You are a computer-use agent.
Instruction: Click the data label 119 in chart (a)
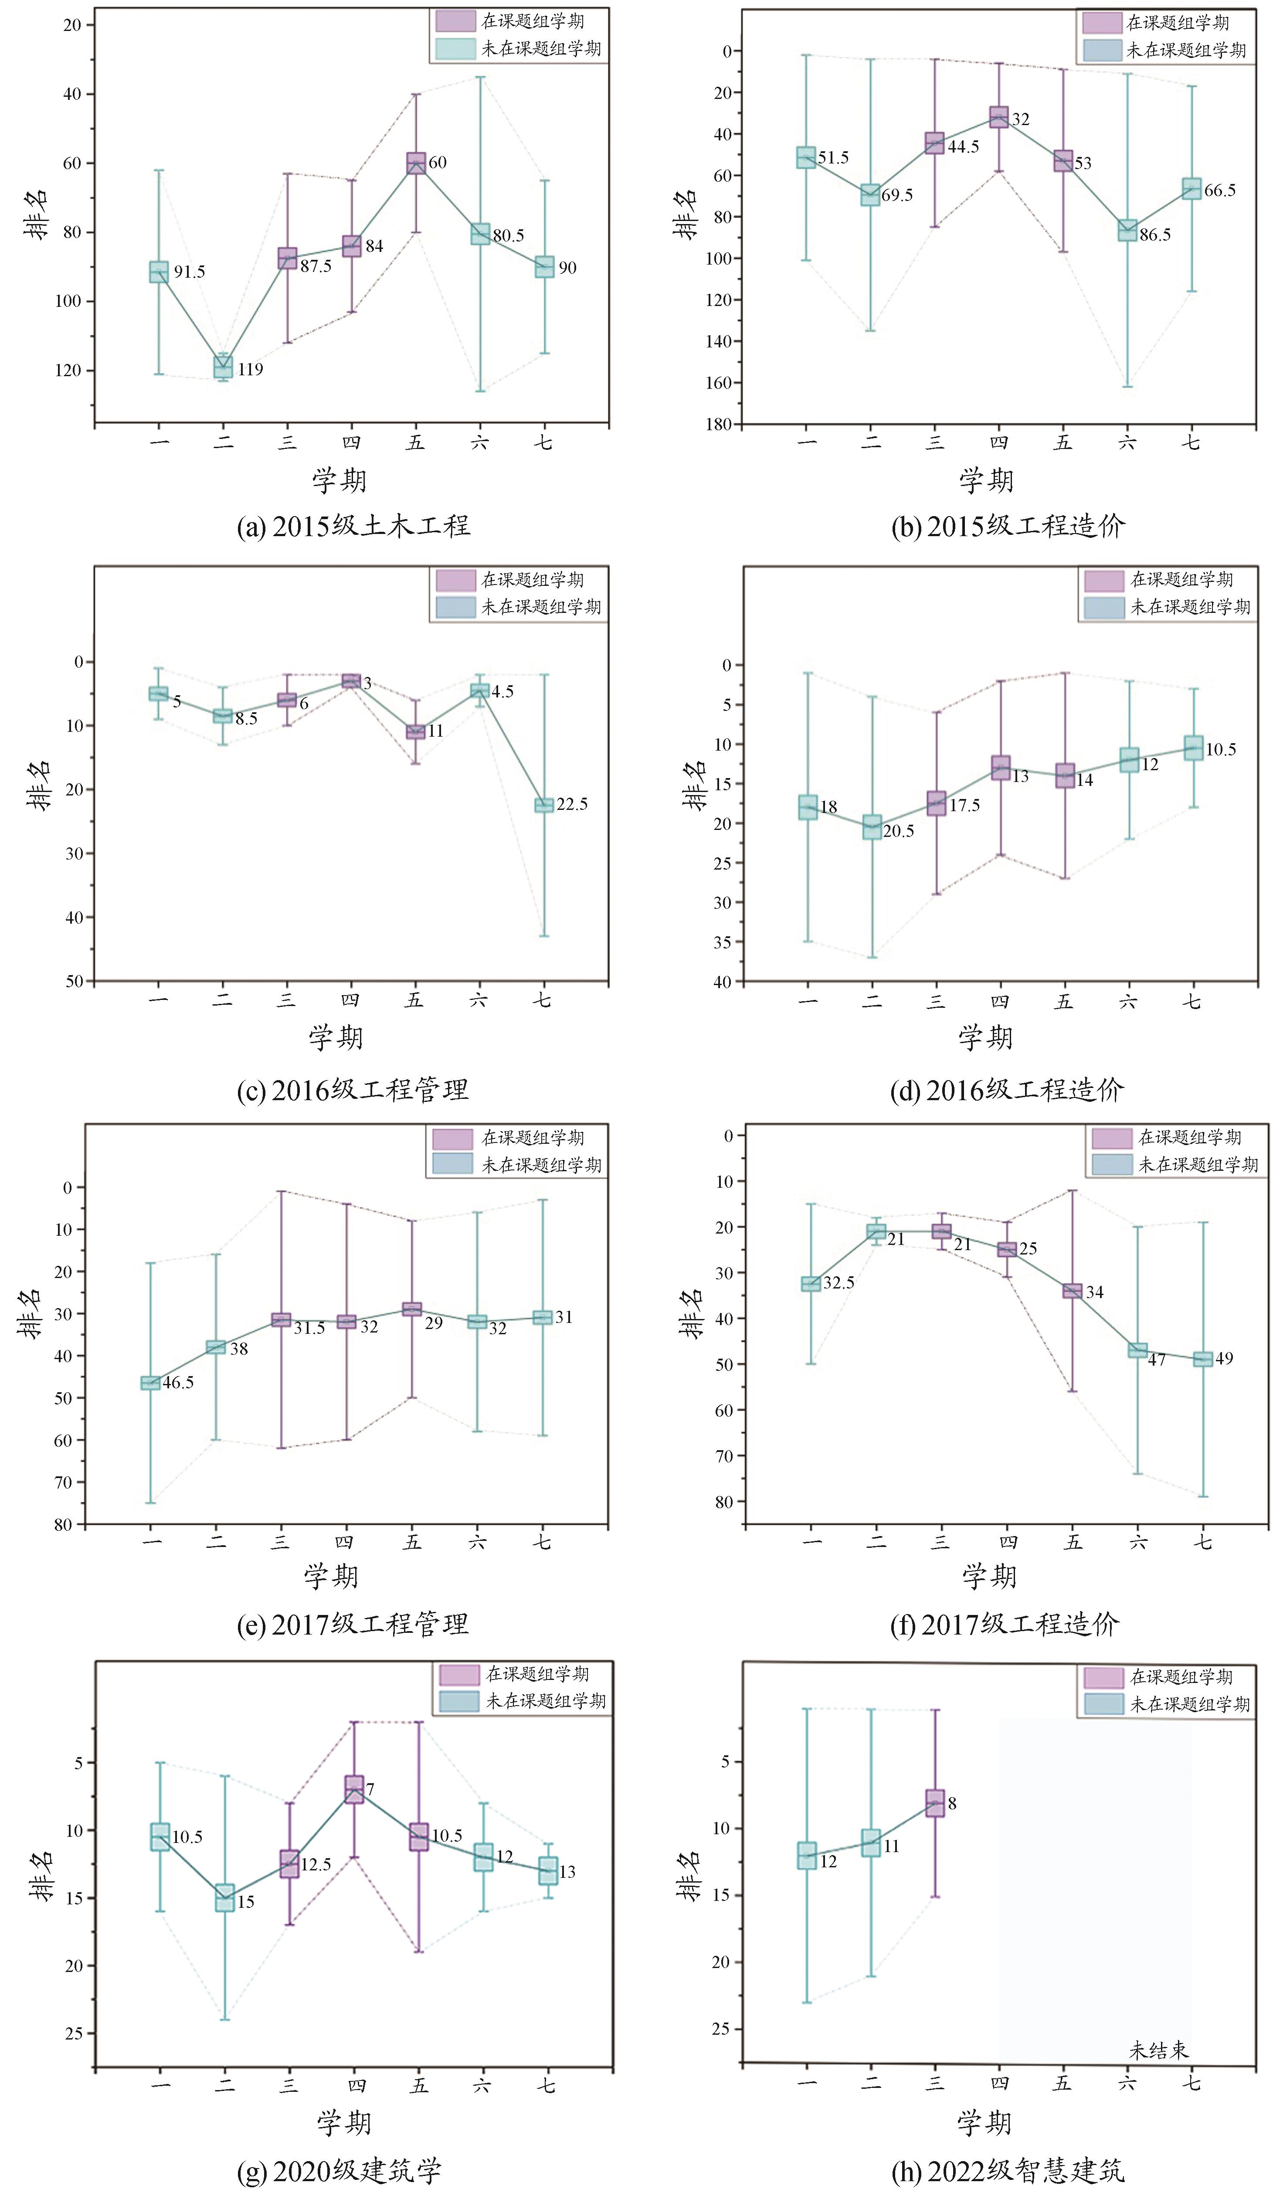[250, 370]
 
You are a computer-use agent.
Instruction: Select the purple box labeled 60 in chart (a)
[416, 163]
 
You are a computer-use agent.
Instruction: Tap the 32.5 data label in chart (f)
[838, 1283]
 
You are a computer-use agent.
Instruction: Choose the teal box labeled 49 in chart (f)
[1202, 1359]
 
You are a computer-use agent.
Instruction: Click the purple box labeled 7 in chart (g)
[354, 1789]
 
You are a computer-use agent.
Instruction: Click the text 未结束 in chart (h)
[1159, 2050]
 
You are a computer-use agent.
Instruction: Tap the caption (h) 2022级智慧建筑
[1008, 2170]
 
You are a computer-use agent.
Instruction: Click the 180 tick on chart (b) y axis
[719, 425]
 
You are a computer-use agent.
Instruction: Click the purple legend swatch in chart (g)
[459, 1675]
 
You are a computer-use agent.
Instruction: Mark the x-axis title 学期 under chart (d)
[985, 1038]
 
